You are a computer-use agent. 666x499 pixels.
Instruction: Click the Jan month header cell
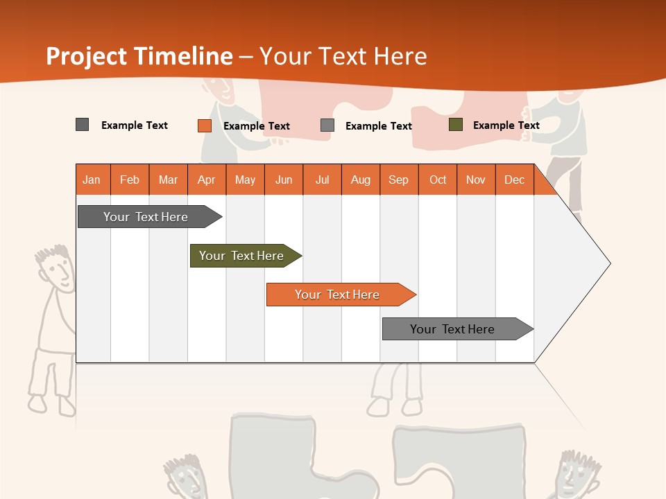[x=92, y=180]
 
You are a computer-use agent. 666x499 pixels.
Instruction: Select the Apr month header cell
[x=206, y=180]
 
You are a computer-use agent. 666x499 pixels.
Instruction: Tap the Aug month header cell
[x=360, y=180]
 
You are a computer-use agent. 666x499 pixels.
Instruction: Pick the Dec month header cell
[x=514, y=180]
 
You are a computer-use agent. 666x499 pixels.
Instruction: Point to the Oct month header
[x=437, y=180]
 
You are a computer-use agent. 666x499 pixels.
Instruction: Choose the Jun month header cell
[x=283, y=180]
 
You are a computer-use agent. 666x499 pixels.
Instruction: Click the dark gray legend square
[x=83, y=125]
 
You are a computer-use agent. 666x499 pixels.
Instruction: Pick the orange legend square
[x=205, y=125]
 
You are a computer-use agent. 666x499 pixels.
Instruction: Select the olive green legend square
[x=456, y=125]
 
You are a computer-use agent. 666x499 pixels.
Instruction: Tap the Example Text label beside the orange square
[x=256, y=126]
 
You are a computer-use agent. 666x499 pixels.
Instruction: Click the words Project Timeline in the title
[x=139, y=56]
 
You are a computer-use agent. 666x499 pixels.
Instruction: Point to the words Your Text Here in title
[x=343, y=56]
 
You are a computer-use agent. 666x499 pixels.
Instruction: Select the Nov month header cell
[x=476, y=180]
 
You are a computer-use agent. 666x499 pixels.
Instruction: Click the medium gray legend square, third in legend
[x=327, y=125]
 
